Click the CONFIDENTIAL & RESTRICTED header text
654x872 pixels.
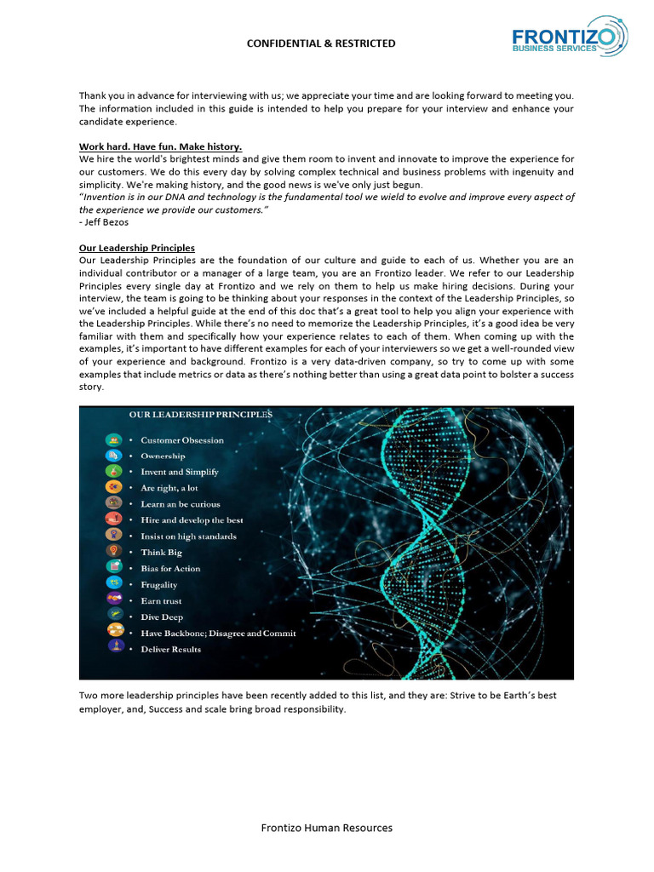(x=321, y=43)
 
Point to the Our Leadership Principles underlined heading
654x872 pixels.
(x=137, y=248)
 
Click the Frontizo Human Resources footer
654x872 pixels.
(x=327, y=828)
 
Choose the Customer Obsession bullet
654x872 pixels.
(x=182, y=440)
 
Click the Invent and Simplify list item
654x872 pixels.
(x=180, y=472)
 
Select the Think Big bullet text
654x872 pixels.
(x=161, y=553)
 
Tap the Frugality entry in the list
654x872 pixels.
(x=159, y=585)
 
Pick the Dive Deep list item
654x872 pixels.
(x=162, y=617)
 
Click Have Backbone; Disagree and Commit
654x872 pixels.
(x=218, y=634)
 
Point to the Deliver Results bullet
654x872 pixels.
(x=170, y=650)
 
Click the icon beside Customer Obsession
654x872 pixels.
(x=114, y=440)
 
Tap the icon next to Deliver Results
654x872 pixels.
(x=114, y=647)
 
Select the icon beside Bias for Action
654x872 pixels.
(x=114, y=567)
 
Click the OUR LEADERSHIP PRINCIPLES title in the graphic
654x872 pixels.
(x=201, y=415)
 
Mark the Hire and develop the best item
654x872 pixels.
(x=192, y=520)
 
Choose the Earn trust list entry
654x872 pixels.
(x=161, y=601)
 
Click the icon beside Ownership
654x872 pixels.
(x=114, y=456)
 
